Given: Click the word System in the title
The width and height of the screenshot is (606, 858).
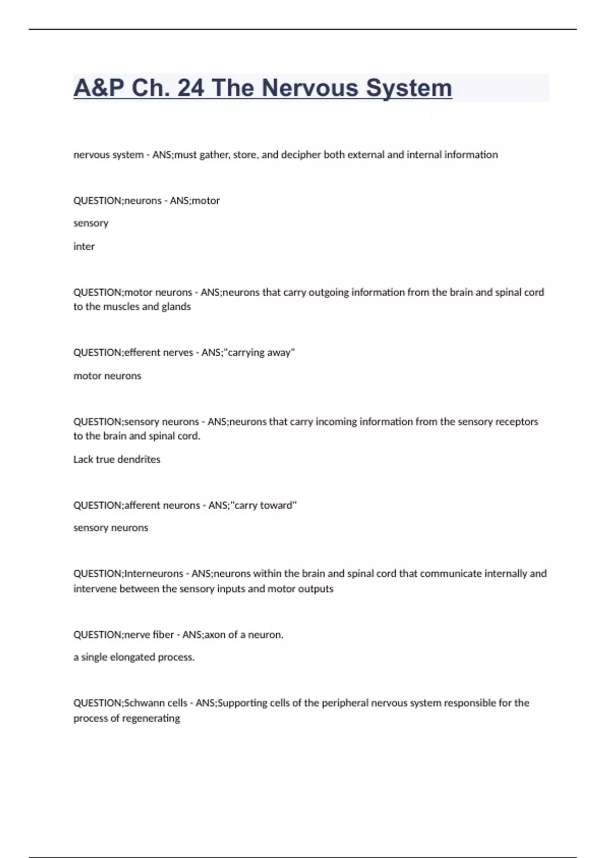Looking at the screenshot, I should (x=409, y=88).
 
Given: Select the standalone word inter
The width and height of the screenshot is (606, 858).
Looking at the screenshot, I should (x=84, y=246).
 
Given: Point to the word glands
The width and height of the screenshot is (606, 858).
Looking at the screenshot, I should (x=176, y=306).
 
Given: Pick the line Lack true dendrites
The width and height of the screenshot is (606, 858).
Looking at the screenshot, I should (x=117, y=459).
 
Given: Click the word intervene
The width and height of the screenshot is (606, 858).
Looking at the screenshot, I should (x=95, y=588).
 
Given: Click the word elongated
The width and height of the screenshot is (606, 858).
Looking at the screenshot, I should (x=131, y=657).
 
